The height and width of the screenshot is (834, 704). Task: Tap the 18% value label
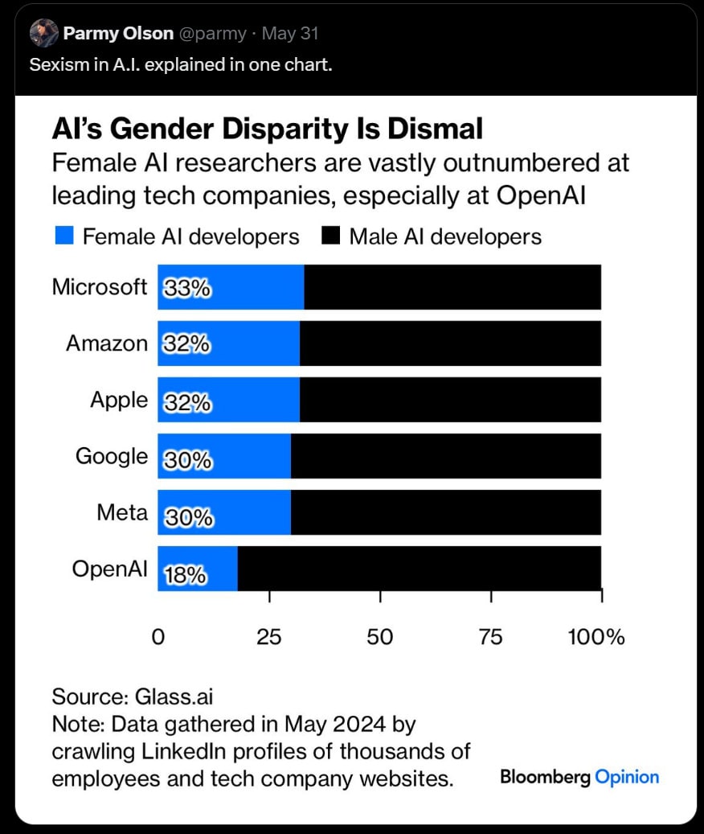186,575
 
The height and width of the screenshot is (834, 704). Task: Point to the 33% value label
187,288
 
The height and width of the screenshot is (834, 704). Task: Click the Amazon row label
107,343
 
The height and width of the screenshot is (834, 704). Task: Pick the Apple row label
119,400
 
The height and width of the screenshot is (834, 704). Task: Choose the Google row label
112,456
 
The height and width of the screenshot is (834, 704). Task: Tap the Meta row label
122,512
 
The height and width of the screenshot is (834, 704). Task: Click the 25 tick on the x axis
269,637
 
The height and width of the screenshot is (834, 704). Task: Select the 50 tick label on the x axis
380,637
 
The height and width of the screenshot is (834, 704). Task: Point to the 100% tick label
596,637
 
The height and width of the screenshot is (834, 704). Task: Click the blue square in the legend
65,236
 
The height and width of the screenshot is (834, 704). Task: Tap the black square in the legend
330,236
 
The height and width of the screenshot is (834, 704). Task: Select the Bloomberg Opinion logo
579,777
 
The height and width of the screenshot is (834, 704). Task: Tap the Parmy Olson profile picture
43,33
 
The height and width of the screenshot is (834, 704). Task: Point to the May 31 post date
290,34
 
